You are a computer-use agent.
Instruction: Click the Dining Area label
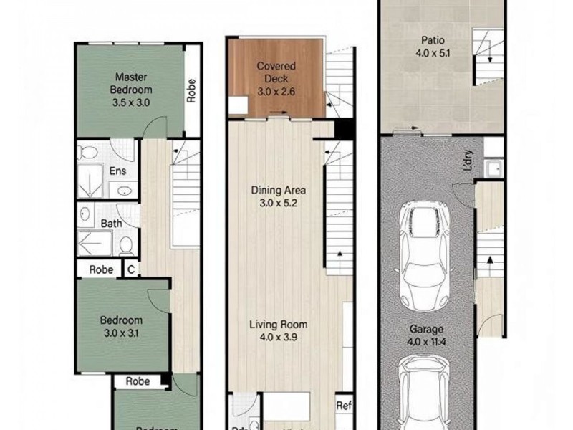pyautogui.click(x=279, y=190)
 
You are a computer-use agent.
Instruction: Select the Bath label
pyautogui.click(x=111, y=224)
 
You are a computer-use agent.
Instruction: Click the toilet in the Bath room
pyautogui.click(x=126, y=245)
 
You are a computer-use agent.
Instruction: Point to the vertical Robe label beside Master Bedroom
pyautogui.click(x=191, y=90)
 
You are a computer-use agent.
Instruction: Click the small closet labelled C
pyautogui.click(x=130, y=270)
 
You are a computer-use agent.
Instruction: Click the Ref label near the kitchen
pyautogui.click(x=343, y=404)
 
